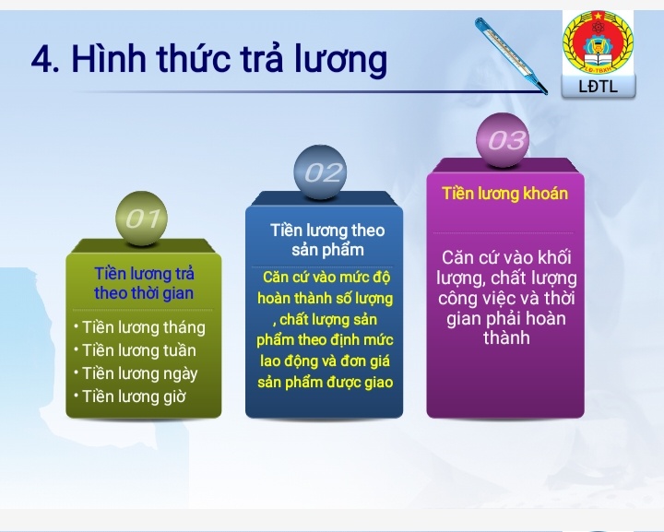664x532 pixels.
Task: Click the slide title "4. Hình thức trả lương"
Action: [x=208, y=59]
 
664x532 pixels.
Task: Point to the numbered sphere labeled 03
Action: [x=504, y=140]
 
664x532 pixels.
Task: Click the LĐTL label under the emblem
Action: [x=598, y=87]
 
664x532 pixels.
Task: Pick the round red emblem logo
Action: [x=598, y=42]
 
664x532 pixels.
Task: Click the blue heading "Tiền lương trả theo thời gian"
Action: [x=144, y=283]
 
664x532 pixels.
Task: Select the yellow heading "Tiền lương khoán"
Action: [x=504, y=194]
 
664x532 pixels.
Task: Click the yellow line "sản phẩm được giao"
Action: [x=325, y=382]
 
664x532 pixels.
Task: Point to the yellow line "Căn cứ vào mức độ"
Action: [x=326, y=277]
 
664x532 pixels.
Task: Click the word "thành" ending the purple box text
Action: [x=506, y=338]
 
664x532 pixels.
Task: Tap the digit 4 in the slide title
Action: [x=41, y=60]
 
